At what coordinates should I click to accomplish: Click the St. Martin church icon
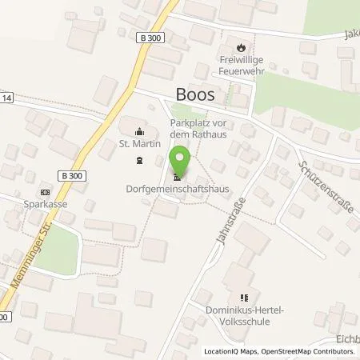point(140,131)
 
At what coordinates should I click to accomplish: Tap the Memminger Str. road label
point(20,260)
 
